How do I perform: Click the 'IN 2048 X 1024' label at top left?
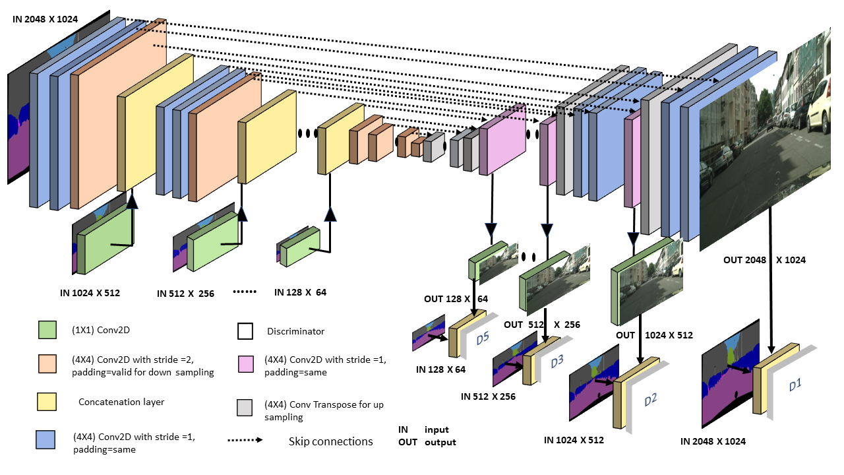(x=45, y=19)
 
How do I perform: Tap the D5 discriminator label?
(x=482, y=338)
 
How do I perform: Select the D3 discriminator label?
(x=557, y=361)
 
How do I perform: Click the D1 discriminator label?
(x=795, y=385)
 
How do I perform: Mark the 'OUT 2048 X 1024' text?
(x=765, y=260)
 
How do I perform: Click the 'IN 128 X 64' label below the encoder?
(x=300, y=292)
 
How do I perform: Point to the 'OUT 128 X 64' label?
(x=456, y=299)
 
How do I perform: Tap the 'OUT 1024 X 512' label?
(x=654, y=335)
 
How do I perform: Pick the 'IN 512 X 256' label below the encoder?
(x=185, y=294)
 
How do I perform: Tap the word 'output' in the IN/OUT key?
(x=440, y=442)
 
